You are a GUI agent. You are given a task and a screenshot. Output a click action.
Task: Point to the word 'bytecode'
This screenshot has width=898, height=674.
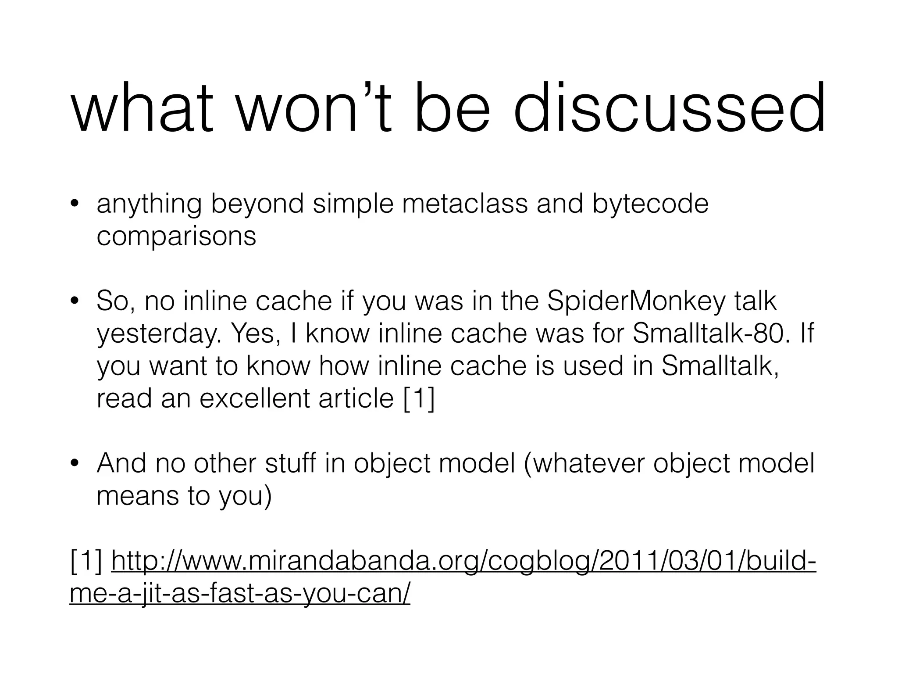coord(650,204)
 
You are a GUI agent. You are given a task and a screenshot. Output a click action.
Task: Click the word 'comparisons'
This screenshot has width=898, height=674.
coord(176,237)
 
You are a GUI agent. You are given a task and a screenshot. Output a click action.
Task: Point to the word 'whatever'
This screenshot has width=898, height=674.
coord(586,464)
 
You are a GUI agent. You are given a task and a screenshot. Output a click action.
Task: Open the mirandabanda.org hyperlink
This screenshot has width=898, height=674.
coord(464,562)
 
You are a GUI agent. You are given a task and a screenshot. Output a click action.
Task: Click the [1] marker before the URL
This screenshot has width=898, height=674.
coord(86,562)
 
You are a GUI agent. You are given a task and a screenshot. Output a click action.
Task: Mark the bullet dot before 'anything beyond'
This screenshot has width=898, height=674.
coord(75,204)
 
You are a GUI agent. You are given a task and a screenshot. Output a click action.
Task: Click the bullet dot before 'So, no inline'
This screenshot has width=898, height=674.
coord(75,302)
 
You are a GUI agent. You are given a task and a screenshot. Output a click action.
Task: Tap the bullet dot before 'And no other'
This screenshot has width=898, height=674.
coord(75,464)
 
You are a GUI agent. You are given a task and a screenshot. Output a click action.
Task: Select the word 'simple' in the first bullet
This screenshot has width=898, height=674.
coord(353,204)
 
